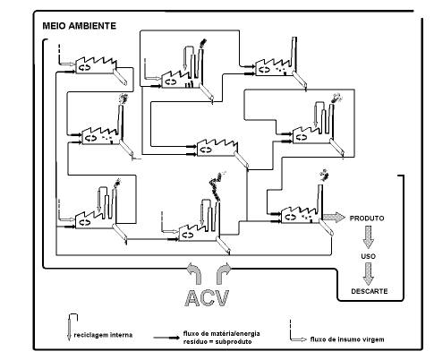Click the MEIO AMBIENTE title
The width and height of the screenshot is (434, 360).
click(x=79, y=26)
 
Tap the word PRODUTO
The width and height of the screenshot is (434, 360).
click(x=367, y=219)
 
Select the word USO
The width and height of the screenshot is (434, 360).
click(x=368, y=256)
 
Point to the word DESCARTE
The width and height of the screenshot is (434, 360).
click(x=370, y=291)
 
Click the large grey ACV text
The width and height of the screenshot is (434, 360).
click(x=208, y=298)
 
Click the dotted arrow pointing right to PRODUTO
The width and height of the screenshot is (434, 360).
click(x=335, y=217)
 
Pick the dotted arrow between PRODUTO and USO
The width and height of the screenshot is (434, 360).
click(x=369, y=237)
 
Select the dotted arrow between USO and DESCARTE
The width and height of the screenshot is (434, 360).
click(x=369, y=274)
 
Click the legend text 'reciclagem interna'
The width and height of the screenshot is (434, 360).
click(x=103, y=335)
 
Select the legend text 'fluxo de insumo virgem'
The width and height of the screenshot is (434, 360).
click(x=347, y=339)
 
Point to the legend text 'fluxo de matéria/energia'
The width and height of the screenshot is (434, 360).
click(x=221, y=333)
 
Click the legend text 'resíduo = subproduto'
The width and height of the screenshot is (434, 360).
click(x=217, y=341)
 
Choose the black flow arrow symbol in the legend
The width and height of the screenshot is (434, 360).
click(x=166, y=338)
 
